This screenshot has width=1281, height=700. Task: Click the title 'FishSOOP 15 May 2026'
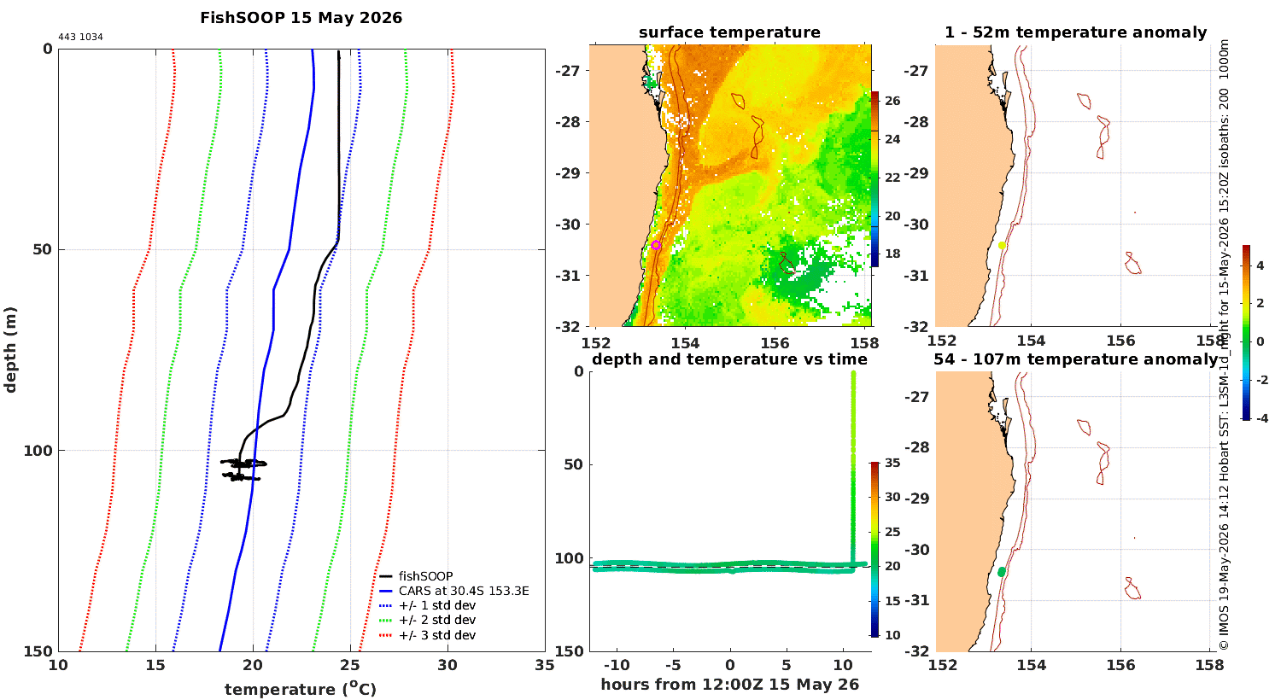coord(301,18)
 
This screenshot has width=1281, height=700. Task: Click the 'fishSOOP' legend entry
coord(425,576)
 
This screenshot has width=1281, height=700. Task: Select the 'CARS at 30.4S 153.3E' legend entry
coord(464,591)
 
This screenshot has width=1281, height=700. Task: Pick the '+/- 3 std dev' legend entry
coord(437,635)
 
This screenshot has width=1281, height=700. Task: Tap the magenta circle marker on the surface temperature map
coord(656,245)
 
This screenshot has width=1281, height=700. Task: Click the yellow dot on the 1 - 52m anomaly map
coord(1002,246)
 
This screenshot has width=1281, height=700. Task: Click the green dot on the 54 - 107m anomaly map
coord(1002,572)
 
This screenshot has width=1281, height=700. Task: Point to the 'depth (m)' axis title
coord(10,350)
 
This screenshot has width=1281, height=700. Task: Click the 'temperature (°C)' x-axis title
coord(301,689)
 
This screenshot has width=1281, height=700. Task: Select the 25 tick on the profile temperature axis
coord(350,665)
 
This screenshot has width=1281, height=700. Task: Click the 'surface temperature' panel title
coord(729,32)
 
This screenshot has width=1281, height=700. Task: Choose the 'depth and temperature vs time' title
coord(729,359)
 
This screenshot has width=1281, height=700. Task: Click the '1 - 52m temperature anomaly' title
coord(1076,32)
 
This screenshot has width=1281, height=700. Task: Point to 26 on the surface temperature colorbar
coord(892,101)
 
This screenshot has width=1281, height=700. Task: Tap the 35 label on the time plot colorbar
coord(892,463)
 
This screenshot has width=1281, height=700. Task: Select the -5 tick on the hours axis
coord(673,665)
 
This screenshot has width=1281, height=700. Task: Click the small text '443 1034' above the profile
coord(80,38)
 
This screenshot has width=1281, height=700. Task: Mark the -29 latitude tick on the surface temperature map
coord(567,173)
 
